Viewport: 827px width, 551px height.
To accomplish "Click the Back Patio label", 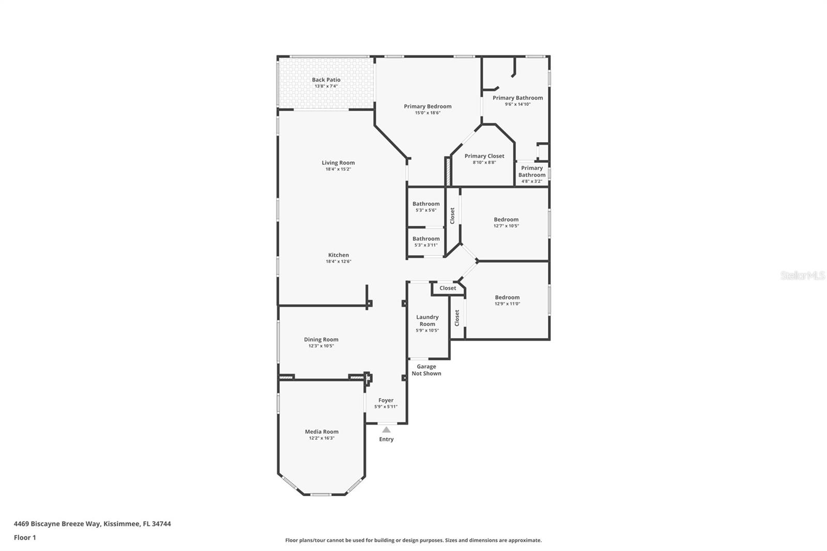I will pyautogui.click(x=326, y=80).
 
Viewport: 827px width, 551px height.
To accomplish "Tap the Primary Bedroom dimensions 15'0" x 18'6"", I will pyautogui.click(x=427, y=113).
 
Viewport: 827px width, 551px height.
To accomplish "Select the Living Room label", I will pyautogui.click(x=338, y=163).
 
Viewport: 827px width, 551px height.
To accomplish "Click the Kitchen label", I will pyautogui.click(x=338, y=255).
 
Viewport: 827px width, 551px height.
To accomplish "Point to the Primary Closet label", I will pyautogui.click(x=484, y=156).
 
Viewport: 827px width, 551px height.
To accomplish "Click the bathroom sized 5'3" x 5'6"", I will pyautogui.click(x=426, y=206).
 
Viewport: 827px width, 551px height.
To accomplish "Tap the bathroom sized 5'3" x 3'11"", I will pyautogui.click(x=426, y=241).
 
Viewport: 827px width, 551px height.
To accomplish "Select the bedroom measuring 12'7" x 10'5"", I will pyautogui.click(x=506, y=222).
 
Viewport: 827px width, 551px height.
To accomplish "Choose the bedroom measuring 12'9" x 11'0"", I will pyautogui.click(x=507, y=300).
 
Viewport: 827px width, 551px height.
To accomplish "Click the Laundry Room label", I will pyautogui.click(x=427, y=320).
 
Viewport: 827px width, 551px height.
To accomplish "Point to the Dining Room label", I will pyautogui.click(x=321, y=340).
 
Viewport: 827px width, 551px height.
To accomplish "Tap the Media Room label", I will pyautogui.click(x=321, y=432).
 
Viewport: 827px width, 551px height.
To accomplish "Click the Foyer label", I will pyautogui.click(x=386, y=400).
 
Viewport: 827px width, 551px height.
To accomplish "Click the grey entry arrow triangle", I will pyautogui.click(x=386, y=430).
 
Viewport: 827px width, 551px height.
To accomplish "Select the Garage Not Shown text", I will pyautogui.click(x=426, y=370).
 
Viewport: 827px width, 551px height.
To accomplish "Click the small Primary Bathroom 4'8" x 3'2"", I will pyautogui.click(x=531, y=174).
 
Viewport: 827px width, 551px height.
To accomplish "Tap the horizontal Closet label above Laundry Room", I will pyautogui.click(x=448, y=288).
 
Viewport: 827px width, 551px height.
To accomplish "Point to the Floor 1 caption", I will pyautogui.click(x=25, y=538).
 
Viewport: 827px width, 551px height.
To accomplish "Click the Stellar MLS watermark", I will pyautogui.click(x=802, y=276).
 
